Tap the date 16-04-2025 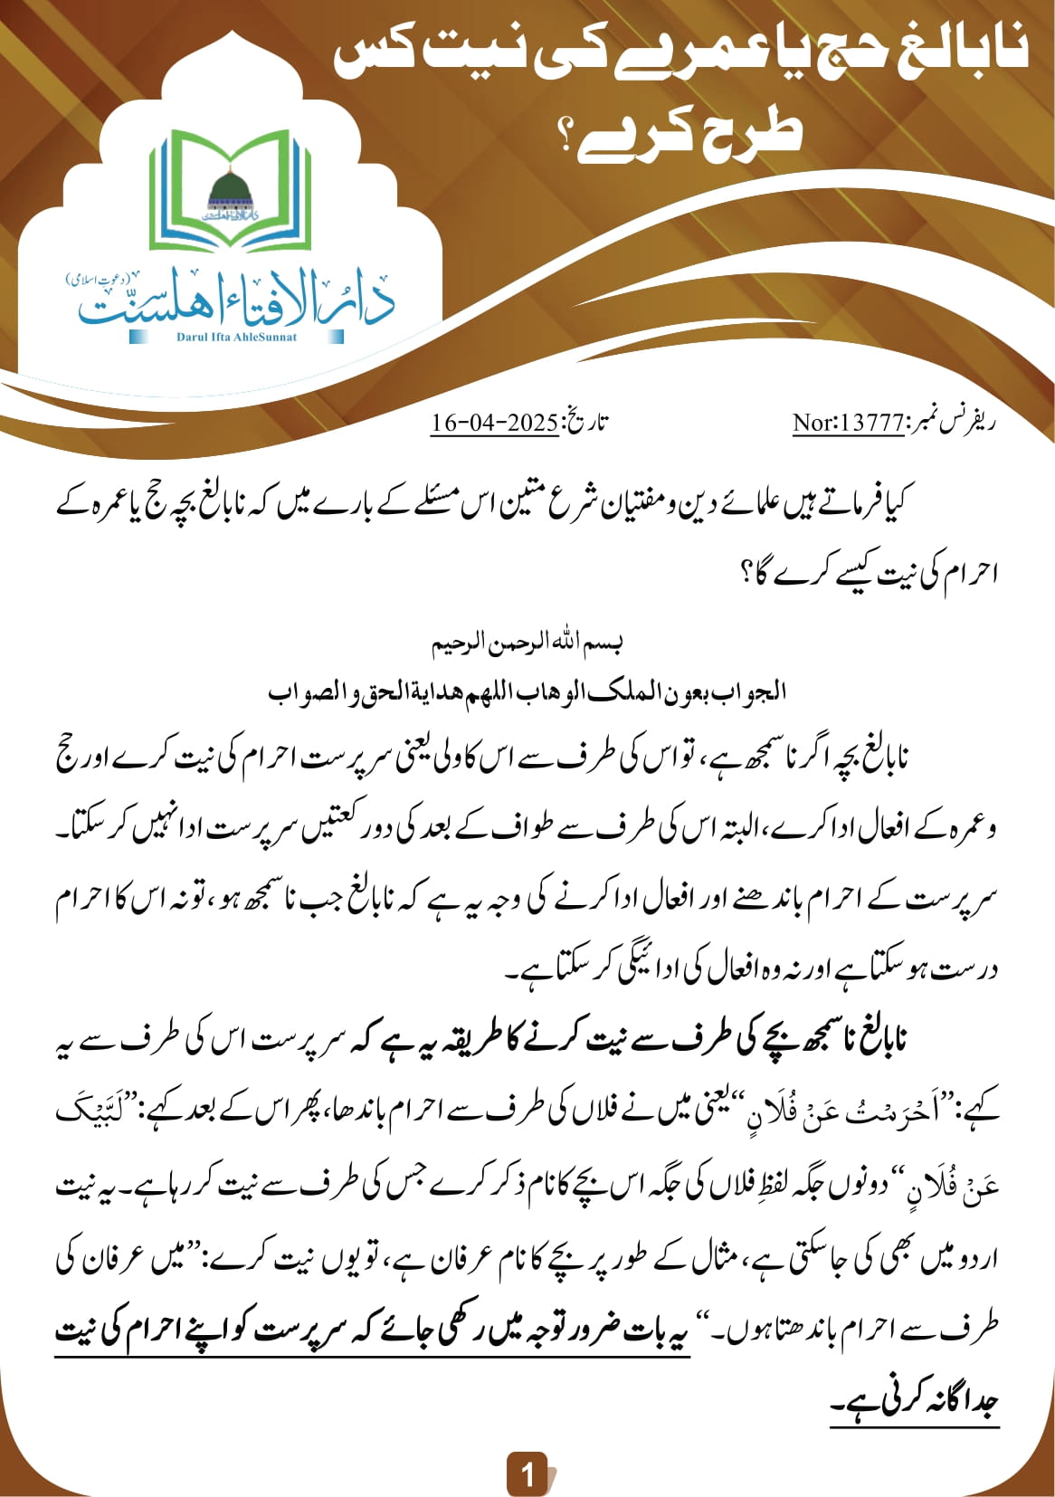coord(494,423)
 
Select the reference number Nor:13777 coord(848,423)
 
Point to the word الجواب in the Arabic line coord(756,692)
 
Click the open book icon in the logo coord(230,190)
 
